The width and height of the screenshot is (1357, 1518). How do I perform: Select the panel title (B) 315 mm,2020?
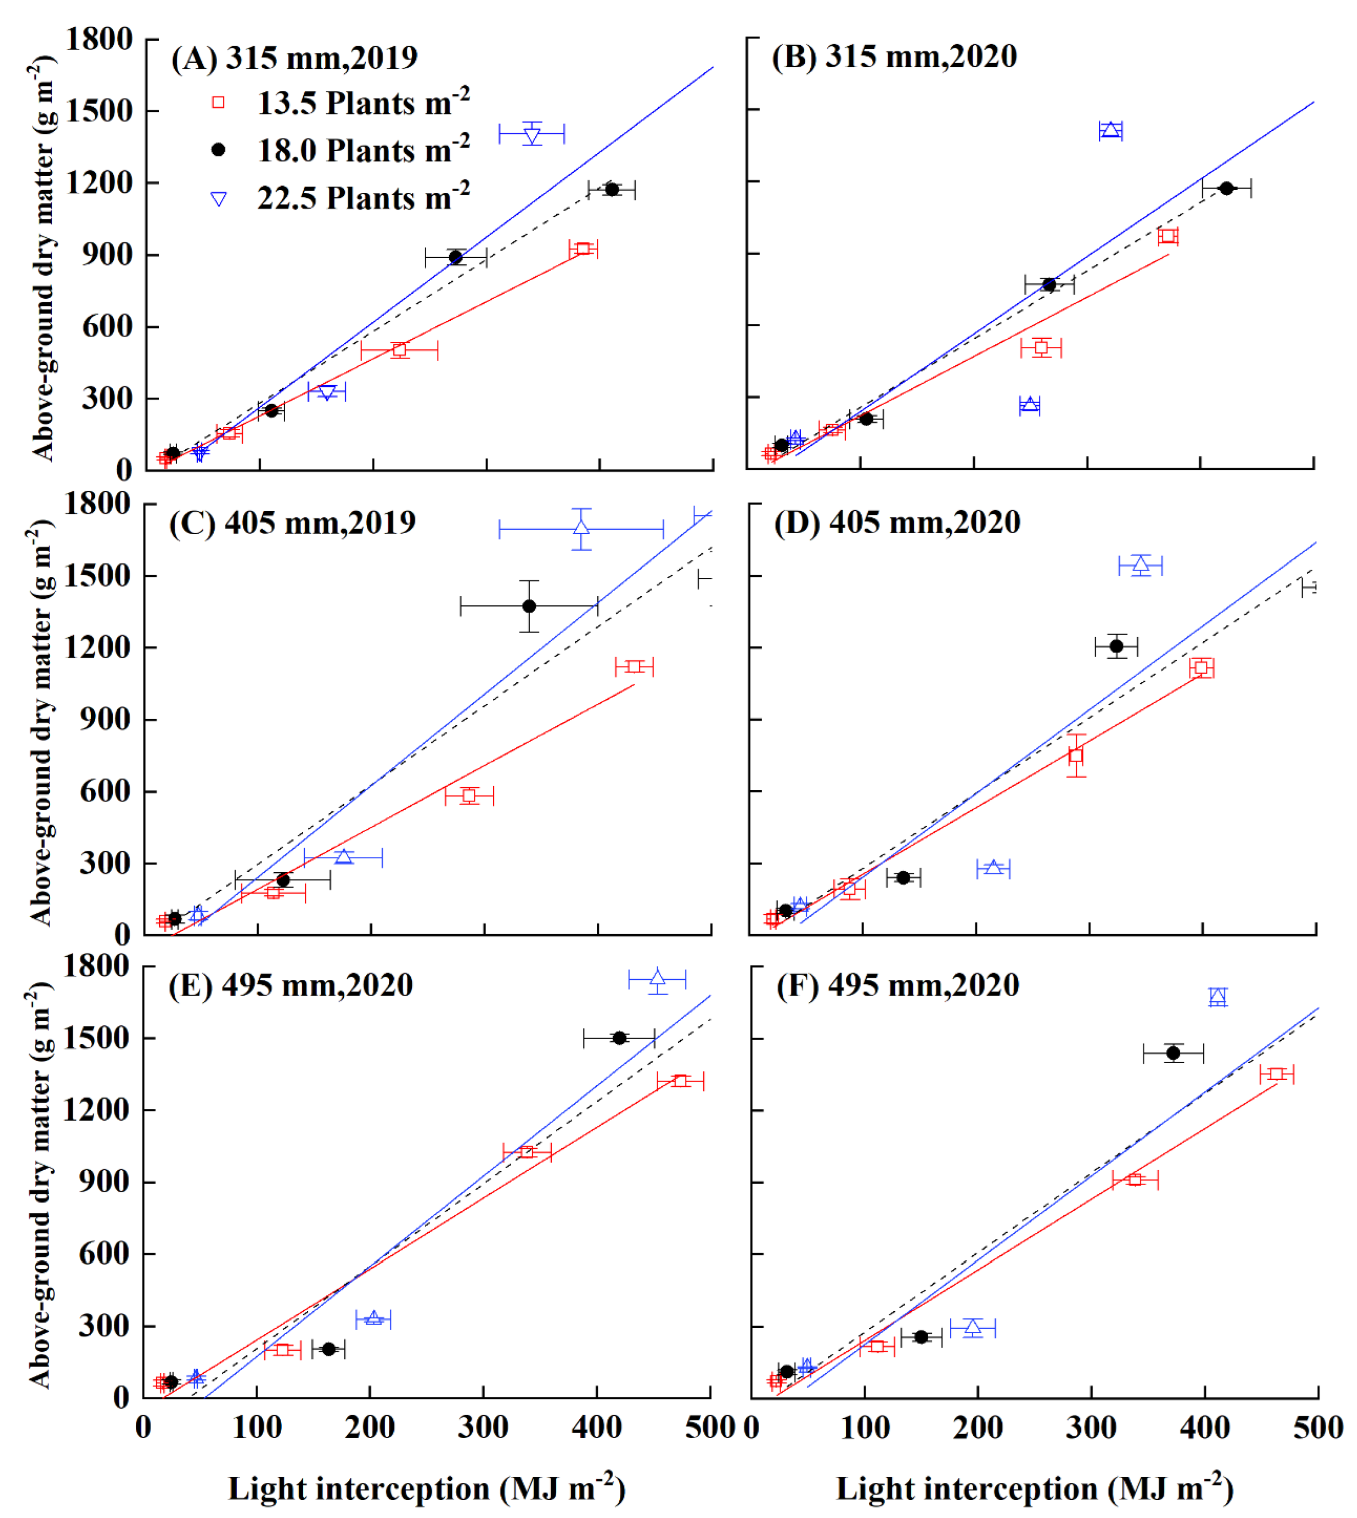tap(894, 57)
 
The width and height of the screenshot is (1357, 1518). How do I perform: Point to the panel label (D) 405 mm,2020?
tap(897, 522)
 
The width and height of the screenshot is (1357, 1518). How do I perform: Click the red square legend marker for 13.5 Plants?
tap(218, 103)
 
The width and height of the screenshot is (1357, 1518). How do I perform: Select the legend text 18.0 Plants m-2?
tap(363, 151)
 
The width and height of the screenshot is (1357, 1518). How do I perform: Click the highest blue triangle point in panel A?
tap(532, 134)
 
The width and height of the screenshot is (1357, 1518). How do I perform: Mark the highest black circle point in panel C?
tap(529, 606)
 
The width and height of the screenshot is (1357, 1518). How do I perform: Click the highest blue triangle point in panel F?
tap(1217, 997)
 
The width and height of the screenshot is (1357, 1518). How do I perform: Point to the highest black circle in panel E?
tap(619, 1038)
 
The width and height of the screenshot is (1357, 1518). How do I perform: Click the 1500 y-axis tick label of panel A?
tap(99, 111)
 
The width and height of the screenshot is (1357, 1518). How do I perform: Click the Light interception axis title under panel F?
tap(1034, 1489)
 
